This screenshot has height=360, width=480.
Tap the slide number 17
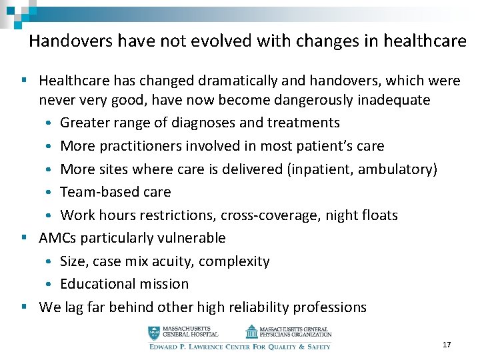pyautogui.click(x=447, y=345)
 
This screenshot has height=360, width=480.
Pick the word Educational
pyautogui.click(x=96, y=284)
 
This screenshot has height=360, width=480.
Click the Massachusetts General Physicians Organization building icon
pyautogui.click(x=251, y=331)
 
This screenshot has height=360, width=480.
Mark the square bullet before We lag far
pyautogui.click(x=24, y=307)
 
